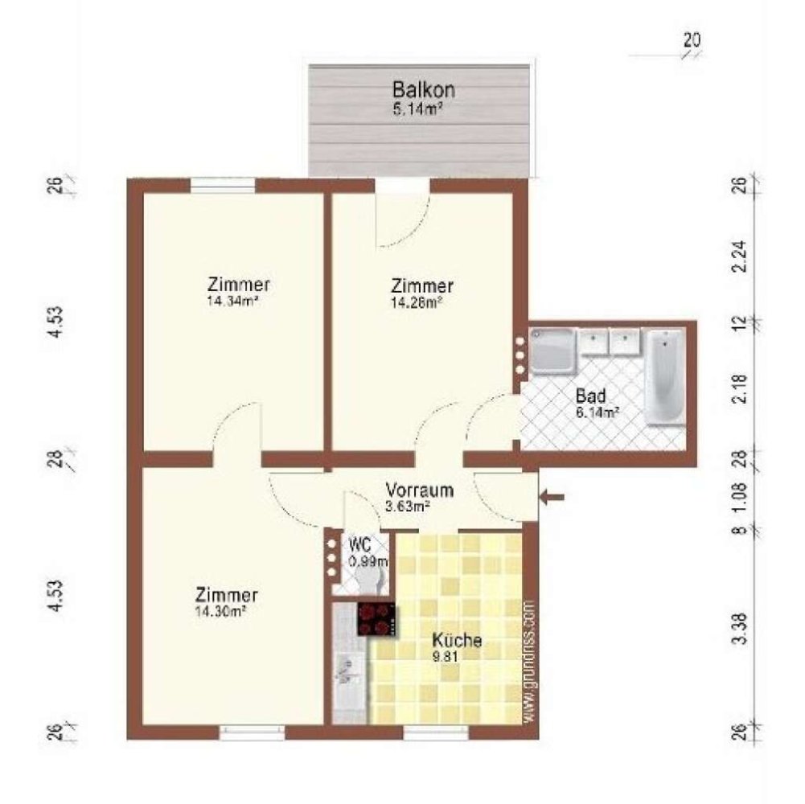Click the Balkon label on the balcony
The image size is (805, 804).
[x=418, y=88]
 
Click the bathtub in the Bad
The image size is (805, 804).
[x=664, y=376]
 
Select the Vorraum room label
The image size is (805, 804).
[x=420, y=490]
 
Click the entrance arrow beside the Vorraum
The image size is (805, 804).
[x=552, y=498]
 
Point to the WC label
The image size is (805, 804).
[x=359, y=544]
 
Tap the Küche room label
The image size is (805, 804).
[x=457, y=641]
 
